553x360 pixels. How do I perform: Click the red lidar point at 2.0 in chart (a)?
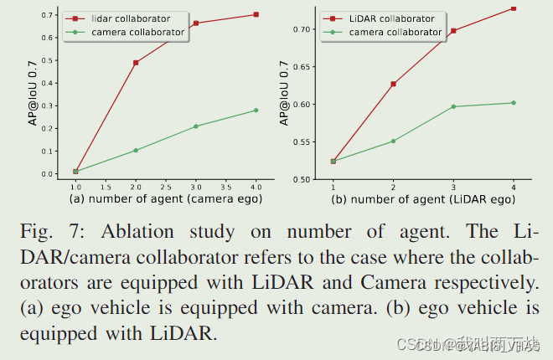(136, 63)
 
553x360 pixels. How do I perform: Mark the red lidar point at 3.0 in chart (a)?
(196, 23)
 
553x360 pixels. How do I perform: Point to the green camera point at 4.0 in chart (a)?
(256, 111)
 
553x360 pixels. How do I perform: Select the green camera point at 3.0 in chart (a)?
(196, 126)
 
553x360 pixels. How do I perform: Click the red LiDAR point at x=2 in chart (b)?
(393, 84)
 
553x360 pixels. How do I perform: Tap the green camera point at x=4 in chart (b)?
(514, 103)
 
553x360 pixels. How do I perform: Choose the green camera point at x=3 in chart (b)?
(453, 106)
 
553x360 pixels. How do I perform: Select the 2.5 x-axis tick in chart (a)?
(166, 186)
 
